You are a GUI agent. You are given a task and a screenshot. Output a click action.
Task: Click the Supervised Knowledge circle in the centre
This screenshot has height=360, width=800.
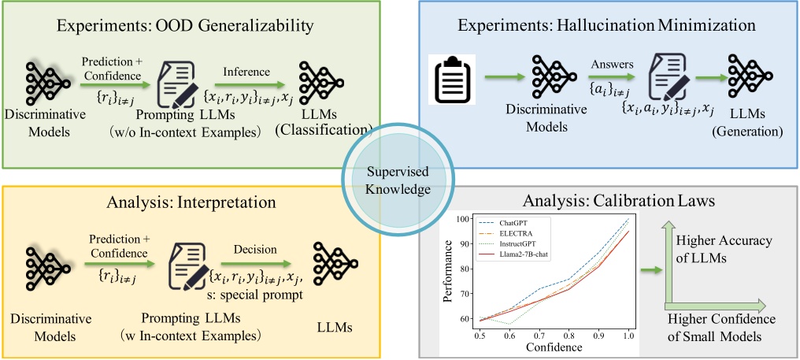click(x=398, y=181)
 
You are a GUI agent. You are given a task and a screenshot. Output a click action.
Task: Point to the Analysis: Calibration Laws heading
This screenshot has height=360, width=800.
click(x=606, y=202)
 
